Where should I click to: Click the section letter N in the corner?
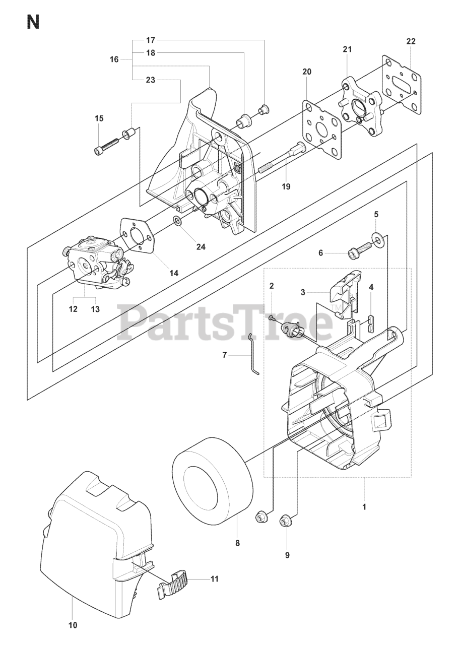point(33,23)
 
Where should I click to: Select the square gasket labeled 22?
point(401,84)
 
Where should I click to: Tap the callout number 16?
point(114,59)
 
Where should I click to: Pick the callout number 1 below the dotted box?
point(364,506)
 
